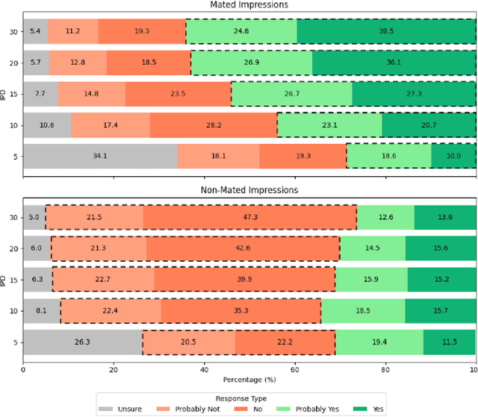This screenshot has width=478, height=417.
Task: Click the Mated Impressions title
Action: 249,5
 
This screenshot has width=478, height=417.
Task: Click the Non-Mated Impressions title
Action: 249,189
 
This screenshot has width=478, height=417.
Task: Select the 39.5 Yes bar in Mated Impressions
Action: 387,31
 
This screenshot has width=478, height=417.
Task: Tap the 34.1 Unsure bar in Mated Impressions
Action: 100,156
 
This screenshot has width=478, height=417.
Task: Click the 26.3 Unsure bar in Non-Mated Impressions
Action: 82,342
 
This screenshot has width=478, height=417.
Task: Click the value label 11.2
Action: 72,31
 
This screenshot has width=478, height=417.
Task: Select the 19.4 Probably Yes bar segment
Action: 379,342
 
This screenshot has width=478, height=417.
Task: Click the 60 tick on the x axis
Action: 294,368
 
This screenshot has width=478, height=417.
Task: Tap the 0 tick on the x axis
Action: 23,368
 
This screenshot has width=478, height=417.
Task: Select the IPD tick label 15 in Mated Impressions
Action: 12,94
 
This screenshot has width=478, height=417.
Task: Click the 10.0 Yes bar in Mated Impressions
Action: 453,156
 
